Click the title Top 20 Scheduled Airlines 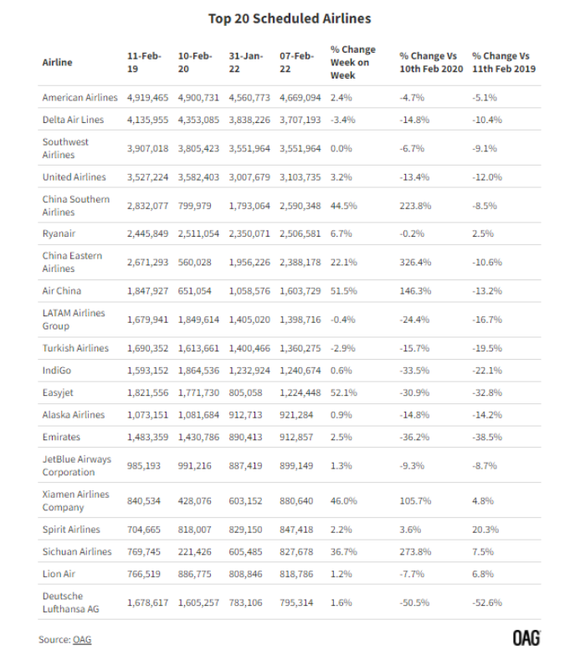[x=290, y=18]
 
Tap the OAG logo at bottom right [x=526, y=638]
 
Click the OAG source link [x=82, y=640]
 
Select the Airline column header [x=58, y=63]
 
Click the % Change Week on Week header [x=352, y=63]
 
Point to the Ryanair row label [x=59, y=234]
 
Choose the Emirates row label [x=61, y=437]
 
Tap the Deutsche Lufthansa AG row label [x=70, y=602]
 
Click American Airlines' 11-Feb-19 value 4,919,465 [x=147, y=98]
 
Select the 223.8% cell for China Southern [x=415, y=206]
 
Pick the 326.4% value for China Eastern [x=415, y=263]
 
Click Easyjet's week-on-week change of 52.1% [x=343, y=393]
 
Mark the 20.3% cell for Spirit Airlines [x=485, y=530]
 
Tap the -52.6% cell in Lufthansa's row [x=487, y=602]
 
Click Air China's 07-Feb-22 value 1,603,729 [x=300, y=291]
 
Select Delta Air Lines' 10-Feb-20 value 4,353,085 [x=198, y=120]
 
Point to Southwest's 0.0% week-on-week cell [x=341, y=149]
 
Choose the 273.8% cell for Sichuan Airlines [x=415, y=551]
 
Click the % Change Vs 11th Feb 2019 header [x=504, y=63]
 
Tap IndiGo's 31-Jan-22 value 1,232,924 [x=249, y=371]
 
